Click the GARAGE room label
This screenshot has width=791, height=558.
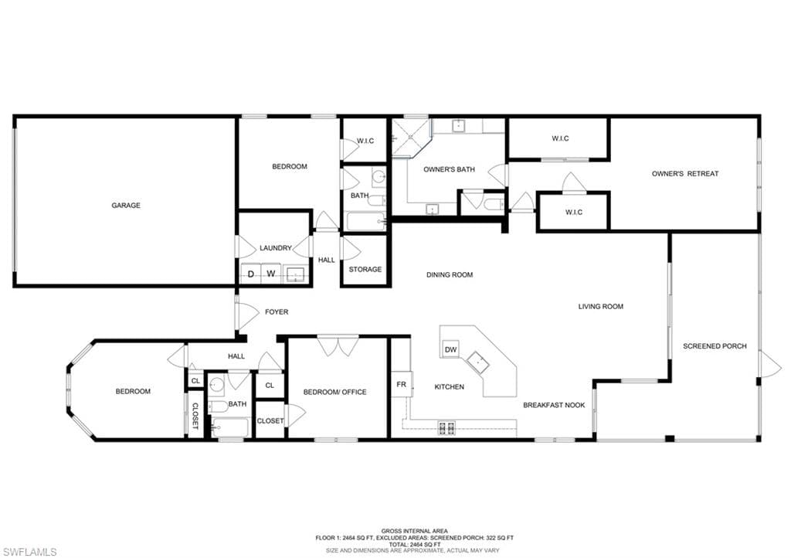point(126,206)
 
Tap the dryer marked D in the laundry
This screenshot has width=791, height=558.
point(251,274)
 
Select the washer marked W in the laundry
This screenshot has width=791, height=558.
point(271,274)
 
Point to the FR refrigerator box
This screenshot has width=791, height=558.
point(402,384)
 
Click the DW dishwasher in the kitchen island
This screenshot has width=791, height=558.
point(450,349)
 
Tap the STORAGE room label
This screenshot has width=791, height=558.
point(365,270)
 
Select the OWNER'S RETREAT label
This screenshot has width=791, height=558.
point(685,174)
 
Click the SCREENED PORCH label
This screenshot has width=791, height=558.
point(715,346)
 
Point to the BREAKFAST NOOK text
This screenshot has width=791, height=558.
point(554,405)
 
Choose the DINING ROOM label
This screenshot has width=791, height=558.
point(450,275)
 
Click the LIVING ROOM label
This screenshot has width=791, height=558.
point(601,306)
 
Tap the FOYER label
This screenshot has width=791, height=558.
point(277,312)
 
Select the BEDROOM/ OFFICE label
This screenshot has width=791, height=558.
point(335,392)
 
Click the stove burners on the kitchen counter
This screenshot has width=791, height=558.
point(447,428)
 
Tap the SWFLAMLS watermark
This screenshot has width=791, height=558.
point(29,552)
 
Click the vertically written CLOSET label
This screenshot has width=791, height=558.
point(195,417)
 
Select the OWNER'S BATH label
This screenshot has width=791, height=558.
point(449,169)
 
